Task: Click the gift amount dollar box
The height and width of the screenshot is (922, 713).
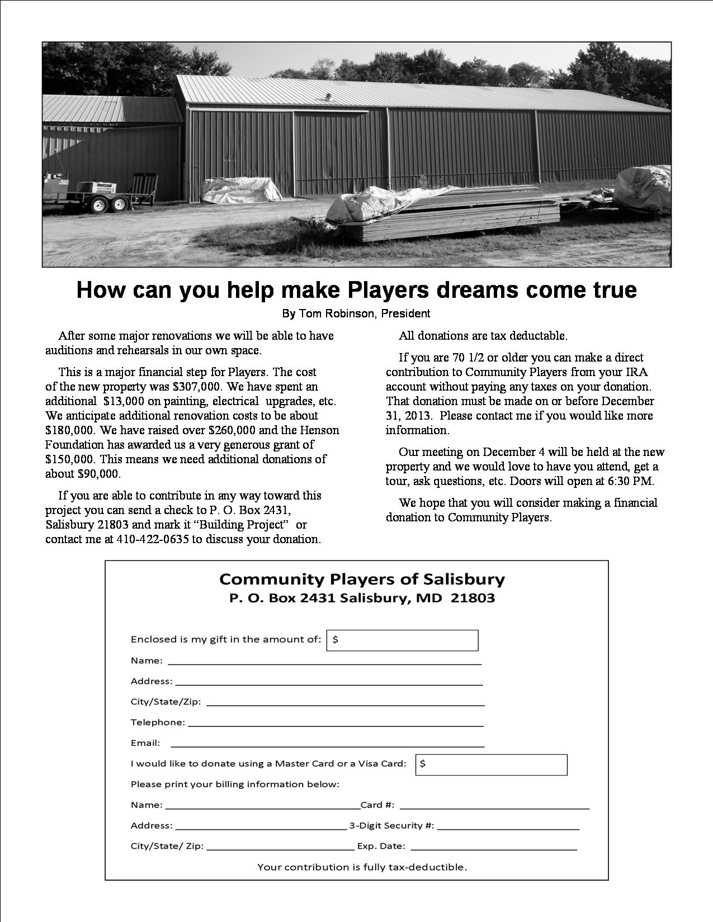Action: (x=402, y=640)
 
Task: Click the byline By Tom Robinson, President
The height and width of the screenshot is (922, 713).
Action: (x=356, y=313)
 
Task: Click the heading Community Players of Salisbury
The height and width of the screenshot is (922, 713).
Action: (x=362, y=579)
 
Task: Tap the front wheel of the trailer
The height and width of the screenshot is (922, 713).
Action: (x=99, y=205)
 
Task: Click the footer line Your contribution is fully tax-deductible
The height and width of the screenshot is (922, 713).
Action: (x=362, y=867)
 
